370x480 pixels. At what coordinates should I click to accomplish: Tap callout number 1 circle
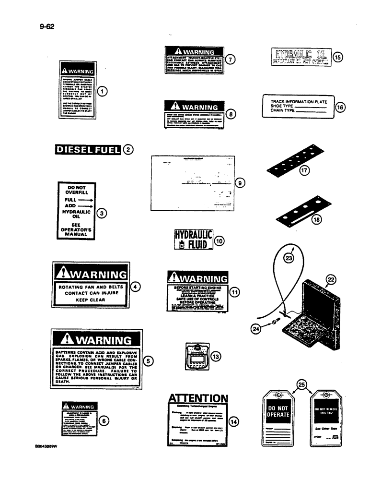coord(102,90)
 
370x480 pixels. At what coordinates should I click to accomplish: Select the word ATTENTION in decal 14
coord(197,398)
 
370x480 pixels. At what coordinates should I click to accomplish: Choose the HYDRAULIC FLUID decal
coord(192,240)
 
